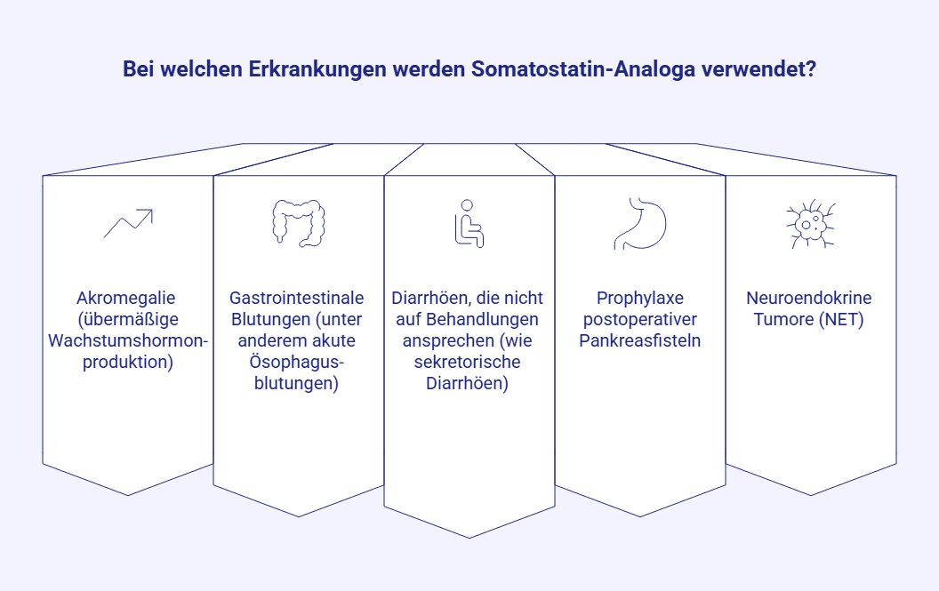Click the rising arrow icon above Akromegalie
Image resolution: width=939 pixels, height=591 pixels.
[128, 223]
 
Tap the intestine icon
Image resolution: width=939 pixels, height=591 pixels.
[299, 223]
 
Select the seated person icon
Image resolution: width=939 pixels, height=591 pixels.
[469, 224]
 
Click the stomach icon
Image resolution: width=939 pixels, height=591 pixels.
[640, 223]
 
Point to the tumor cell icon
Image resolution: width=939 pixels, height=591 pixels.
[811, 223]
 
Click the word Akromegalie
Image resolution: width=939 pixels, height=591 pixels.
[125, 298]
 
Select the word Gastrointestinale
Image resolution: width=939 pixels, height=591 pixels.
[296, 298]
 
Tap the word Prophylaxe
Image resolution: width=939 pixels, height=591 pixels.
[640, 298]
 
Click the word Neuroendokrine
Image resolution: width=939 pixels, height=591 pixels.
[809, 298]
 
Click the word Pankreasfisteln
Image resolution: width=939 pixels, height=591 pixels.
[639, 340]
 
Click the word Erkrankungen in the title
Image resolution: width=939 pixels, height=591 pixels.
[317, 68]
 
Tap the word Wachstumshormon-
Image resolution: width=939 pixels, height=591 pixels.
[128, 340]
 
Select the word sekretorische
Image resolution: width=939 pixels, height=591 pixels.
[467, 362]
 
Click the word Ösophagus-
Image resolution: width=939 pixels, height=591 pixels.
[296, 362]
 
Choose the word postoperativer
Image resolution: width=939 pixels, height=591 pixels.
[640, 319]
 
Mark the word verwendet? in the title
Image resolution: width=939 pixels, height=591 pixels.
[758, 68]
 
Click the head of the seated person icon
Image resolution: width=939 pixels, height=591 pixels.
[467, 204]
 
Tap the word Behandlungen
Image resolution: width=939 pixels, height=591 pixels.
[482, 319]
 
